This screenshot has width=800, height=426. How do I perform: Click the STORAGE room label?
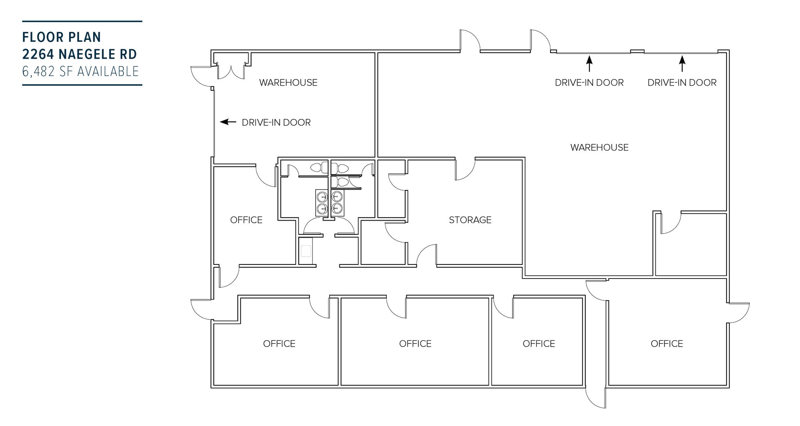point(470,220)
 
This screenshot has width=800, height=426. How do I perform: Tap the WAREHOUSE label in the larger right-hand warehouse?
point(599,147)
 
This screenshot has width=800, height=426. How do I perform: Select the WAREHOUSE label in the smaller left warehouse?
point(288,83)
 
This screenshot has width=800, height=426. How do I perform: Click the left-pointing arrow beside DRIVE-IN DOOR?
point(228,122)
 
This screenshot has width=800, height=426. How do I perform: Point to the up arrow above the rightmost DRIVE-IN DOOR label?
point(682,63)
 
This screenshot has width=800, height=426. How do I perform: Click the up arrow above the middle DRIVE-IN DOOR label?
point(589,63)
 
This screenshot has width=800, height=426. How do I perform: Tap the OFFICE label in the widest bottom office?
point(415,343)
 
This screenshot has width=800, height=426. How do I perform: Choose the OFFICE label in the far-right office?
point(667,343)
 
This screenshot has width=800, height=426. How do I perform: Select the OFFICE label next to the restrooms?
point(246,220)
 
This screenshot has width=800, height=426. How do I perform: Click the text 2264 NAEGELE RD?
point(80,54)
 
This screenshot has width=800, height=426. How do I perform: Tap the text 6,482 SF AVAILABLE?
point(80,71)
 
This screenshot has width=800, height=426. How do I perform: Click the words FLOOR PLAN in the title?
point(62,37)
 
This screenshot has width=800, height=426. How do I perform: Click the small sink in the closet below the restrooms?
point(306,251)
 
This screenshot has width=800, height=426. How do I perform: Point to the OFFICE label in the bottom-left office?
point(279,343)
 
